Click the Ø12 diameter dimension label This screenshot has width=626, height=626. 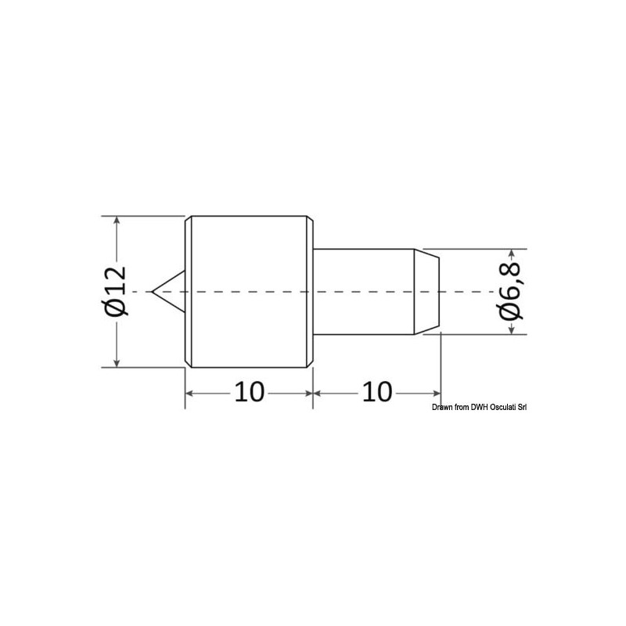pyautogui.click(x=114, y=290)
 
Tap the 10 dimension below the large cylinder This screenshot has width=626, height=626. pyautogui.click(x=249, y=392)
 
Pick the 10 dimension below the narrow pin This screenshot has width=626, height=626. pyautogui.click(x=377, y=392)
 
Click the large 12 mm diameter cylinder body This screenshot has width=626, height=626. pyautogui.click(x=249, y=291)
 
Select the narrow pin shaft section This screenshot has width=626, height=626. pyautogui.click(x=364, y=291)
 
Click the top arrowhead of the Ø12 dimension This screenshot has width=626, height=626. pyautogui.click(x=117, y=221)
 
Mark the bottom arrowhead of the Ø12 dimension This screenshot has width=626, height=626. pyautogui.click(x=117, y=361)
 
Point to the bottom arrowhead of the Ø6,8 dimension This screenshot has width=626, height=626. pyautogui.click(x=512, y=329)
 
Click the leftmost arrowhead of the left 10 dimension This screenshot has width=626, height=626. pyautogui.click(x=190, y=392)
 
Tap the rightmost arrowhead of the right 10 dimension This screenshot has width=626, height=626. pyautogui.click(x=436, y=392)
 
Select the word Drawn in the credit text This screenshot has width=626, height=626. pyautogui.click(x=443, y=407)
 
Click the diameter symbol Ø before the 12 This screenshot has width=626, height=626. pyautogui.click(x=114, y=308)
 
